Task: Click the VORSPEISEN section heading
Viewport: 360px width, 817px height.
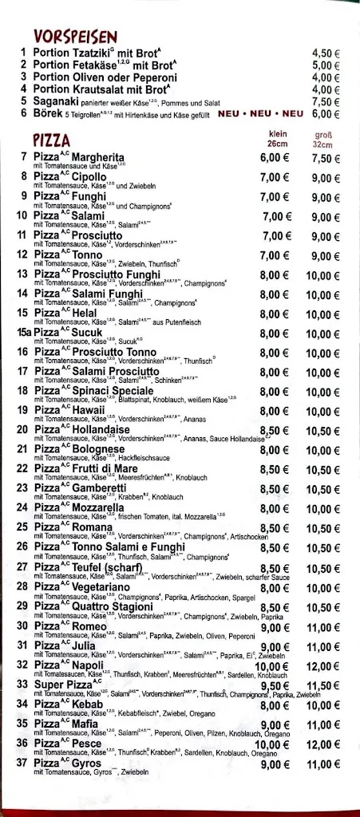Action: (x=76, y=37)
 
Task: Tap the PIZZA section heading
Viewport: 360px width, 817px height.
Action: (x=52, y=140)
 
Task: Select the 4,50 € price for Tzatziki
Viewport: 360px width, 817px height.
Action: (x=326, y=53)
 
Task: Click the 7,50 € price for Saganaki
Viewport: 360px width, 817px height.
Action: (x=326, y=101)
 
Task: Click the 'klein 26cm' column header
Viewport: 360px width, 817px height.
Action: (x=278, y=139)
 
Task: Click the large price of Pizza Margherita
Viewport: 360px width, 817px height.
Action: (x=326, y=158)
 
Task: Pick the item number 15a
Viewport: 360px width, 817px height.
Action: (x=24, y=333)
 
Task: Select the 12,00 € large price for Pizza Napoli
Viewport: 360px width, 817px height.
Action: (x=326, y=666)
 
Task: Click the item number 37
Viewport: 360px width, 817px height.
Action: (x=24, y=764)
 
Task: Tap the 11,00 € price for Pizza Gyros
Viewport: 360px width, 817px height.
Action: (x=326, y=764)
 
